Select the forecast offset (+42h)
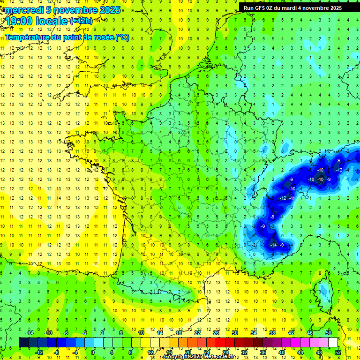pyautogui.click(x=81, y=21)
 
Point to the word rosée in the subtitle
pyautogui.click(x=100, y=37)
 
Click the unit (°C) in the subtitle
pyautogui.click(x=122, y=37)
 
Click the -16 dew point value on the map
pyautogui.click(x=320, y=180)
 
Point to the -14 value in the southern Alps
pyautogui.click(x=273, y=245)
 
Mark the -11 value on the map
pyautogui.click(x=292, y=198)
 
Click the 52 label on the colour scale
pyautogui.click(x=337, y=352)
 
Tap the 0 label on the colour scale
pyautogui.click(x=92, y=352)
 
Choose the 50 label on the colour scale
pyautogui.click(x=328, y=333)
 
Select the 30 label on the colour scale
pyautogui.click(x=234, y=333)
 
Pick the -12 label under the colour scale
pyautogui.click(x=39, y=352)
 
